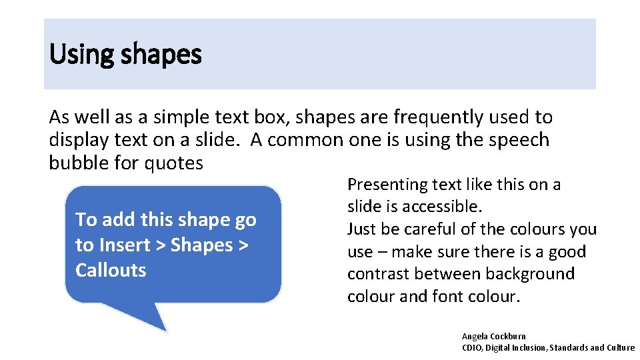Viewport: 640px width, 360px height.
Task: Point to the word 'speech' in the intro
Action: pyautogui.click(x=519, y=140)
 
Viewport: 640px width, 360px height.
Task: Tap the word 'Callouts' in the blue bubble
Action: pyautogui.click(x=111, y=270)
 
